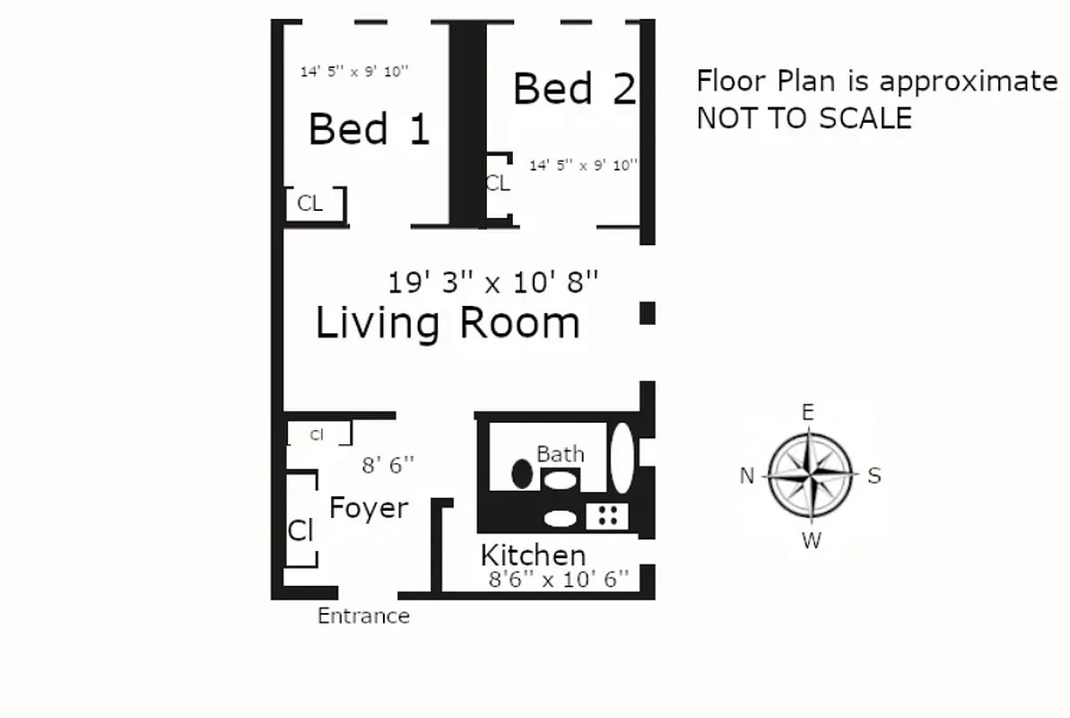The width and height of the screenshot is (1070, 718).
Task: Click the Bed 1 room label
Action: pyautogui.click(x=369, y=129)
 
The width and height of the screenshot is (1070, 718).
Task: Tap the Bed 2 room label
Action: pyautogui.click(x=574, y=89)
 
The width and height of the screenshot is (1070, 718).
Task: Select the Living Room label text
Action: pyautogui.click(x=448, y=323)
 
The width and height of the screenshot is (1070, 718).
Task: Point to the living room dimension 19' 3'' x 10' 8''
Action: pyautogui.click(x=492, y=283)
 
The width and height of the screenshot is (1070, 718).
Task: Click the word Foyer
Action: pyautogui.click(x=369, y=509)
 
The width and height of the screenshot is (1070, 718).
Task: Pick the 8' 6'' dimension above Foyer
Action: pyautogui.click(x=387, y=465)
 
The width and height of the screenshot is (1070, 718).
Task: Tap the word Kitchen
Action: pyautogui.click(x=533, y=555)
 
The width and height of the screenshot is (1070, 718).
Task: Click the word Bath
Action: pyautogui.click(x=560, y=454)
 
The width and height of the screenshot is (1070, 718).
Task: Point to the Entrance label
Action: pyautogui.click(x=363, y=617)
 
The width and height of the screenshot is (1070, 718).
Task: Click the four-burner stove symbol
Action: pyautogui.click(x=607, y=515)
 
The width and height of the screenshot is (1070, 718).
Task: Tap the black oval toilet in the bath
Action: pyautogui.click(x=521, y=473)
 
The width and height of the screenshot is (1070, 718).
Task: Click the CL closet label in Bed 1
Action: pyautogui.click(x=309, y=204)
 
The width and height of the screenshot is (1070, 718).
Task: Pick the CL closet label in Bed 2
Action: pyautogui.click(x=497, y=183)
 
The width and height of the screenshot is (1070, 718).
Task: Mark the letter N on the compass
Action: pyautogui.click(x=746, y=477)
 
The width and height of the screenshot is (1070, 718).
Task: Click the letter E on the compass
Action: pyautogui.click(x=807, y=413)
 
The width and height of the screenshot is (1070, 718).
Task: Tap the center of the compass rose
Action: pyautogui.click(x=811, y=475)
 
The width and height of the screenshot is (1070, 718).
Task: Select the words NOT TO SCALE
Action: pyautogui.click(x=804, y=118)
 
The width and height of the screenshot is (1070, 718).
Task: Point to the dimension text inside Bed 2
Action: pyautogui.click(x=583, y=165)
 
